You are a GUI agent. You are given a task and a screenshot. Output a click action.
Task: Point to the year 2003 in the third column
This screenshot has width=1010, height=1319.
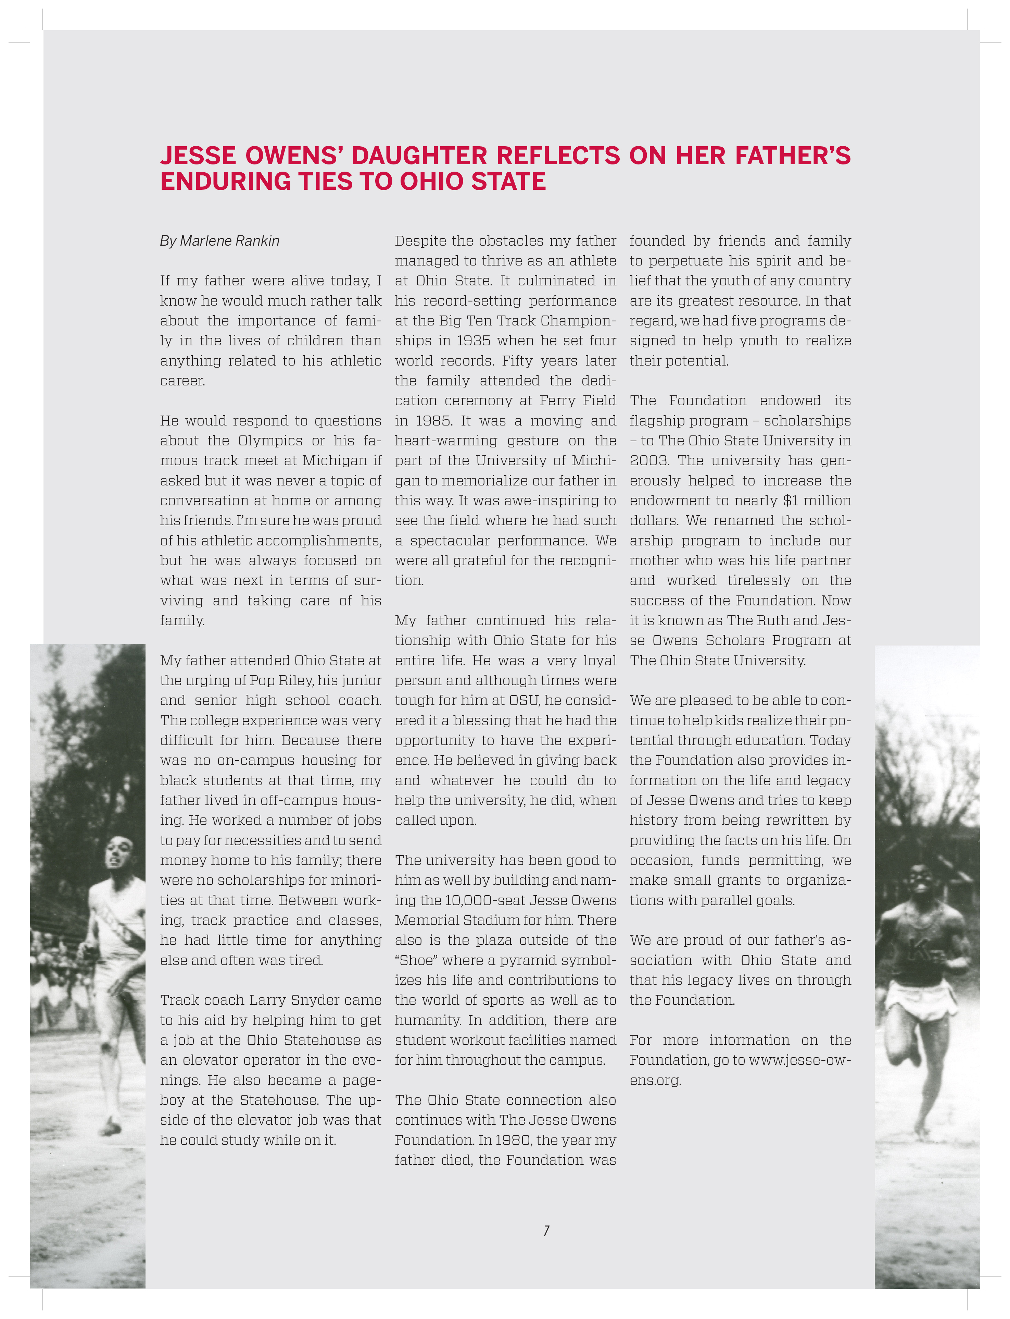(649, 461)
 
